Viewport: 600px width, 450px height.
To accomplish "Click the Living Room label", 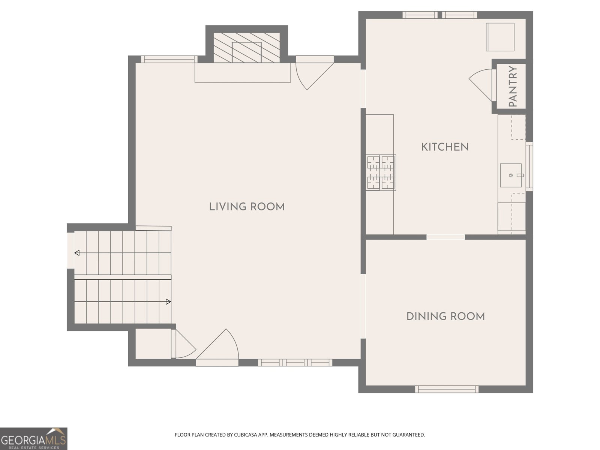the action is click(247, 207).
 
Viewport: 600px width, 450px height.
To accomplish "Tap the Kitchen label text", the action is click(445, 147).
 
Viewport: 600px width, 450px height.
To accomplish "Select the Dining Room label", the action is click(445, 316).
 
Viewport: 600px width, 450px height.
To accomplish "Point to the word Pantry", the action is click(513, 86).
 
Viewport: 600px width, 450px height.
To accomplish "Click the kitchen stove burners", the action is click(381, 172).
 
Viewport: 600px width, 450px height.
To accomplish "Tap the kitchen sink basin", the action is click(511, 175).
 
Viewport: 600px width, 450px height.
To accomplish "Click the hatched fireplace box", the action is click(246, 48).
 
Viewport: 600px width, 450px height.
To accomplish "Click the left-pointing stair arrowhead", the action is click(77, 253).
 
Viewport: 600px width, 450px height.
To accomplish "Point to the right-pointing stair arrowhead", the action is click(168, 301).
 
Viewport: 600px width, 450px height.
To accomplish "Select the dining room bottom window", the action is click(447, 389).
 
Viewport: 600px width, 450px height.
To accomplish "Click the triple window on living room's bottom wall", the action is click(295, 363).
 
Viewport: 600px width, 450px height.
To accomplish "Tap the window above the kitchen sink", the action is click(529, 166).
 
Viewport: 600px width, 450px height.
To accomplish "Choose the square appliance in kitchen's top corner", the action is click(500, 37).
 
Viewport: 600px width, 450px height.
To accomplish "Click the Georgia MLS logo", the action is click(34, 439).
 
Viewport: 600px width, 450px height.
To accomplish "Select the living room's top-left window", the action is click(169, 59).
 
